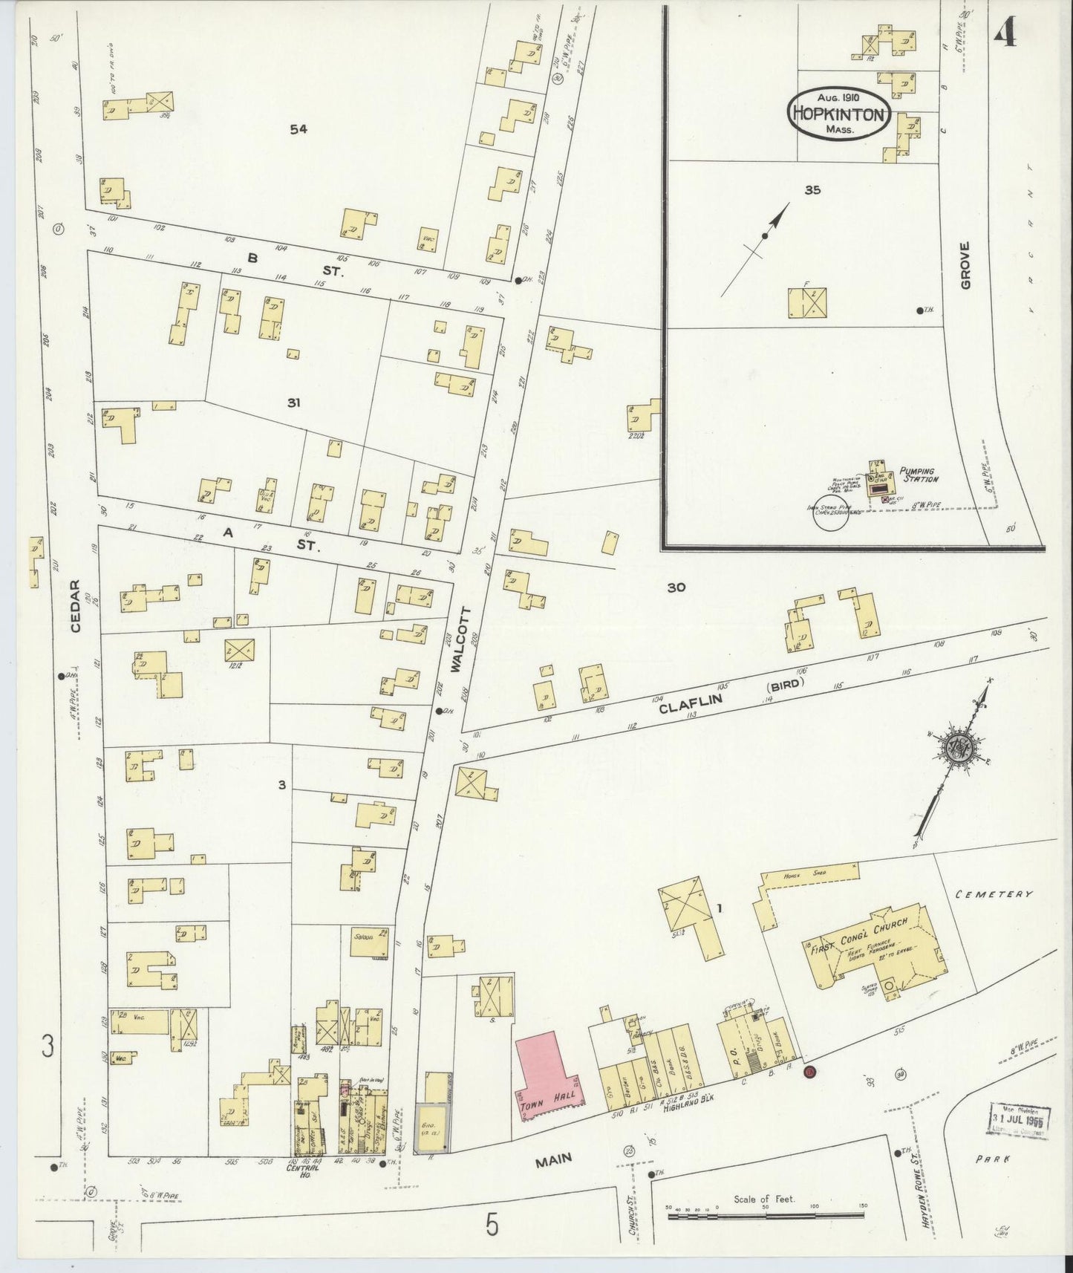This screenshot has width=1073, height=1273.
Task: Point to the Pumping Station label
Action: [x=919, y=475]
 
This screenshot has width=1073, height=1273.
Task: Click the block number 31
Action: [x=294, y=403]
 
